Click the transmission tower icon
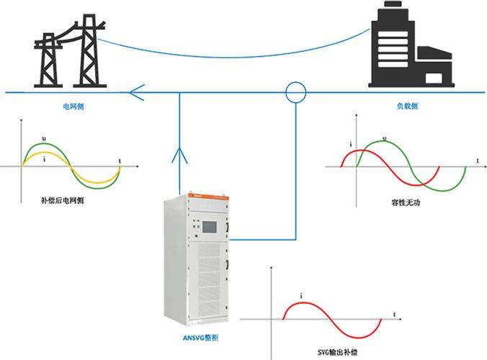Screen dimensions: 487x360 pyautogui.click(x=70, y=51)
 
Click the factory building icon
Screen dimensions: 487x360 pyautogui.click(x=411, y=44)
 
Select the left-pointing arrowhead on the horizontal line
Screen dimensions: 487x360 pyautogui.click(x=137, y=92)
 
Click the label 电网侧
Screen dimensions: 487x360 pyautogui.click(x=73, y=107)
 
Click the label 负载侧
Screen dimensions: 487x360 pyautogui.click(x=407, y=106)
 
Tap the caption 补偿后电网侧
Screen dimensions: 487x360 pyautogui.click(x=63, y=200)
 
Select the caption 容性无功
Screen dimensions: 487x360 pyautogui.click(x=406, y=202)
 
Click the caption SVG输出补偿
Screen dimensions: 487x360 pyautogui.click(x=337, y=352)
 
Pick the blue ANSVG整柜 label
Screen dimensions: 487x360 pyautogui.click(x=201, y=338)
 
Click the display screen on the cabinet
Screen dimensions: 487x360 pyautogui.click(x=210, y=227)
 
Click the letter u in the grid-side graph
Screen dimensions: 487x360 pyautogui.click(x=44, y=139)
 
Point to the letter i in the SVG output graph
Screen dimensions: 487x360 pyautogui.click(x=301, y=296)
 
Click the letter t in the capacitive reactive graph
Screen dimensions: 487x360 pyautogui.click(x=478, y=161)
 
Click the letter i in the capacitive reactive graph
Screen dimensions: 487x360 pyautogui.click(x=351, y=144)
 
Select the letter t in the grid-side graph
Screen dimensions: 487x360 pyautogui.click(x=120, y=161)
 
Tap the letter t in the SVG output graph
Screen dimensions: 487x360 pyautogui.click(x=395, y=315)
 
